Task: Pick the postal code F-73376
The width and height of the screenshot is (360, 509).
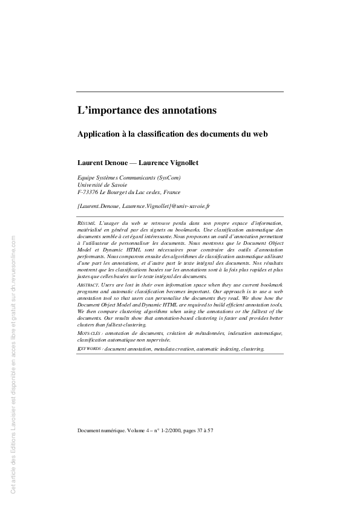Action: tap(88, 192)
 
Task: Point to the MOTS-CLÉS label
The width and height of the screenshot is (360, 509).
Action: tap(90, 333)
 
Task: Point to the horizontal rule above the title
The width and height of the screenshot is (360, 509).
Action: tap(180, 92)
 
